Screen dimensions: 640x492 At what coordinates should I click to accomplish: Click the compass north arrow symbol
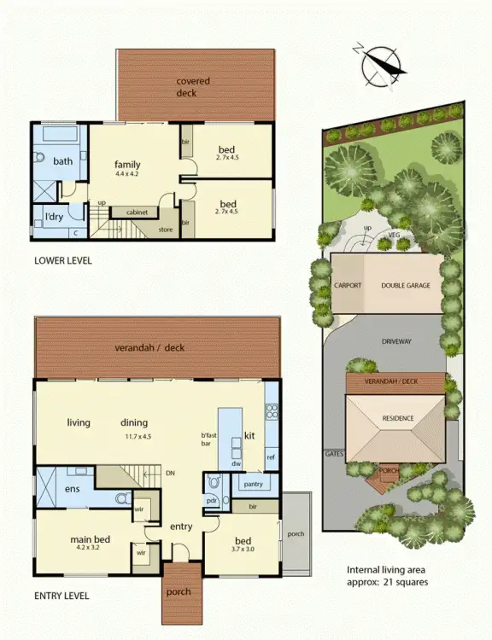(x=380, y=66)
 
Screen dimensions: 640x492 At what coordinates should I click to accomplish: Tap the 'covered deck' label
(x=193, y=86)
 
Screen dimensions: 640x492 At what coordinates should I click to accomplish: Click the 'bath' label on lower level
(x=62, y=160)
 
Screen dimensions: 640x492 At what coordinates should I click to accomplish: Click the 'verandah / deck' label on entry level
(x=149, y=347)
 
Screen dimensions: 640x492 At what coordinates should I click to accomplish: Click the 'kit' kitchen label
(x=250, y=434)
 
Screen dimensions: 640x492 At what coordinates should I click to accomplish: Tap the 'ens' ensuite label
(x=73, y=490)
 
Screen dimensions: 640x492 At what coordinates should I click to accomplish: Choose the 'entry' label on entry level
(x=181, y=527)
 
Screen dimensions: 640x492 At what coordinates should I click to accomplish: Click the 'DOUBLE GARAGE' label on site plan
(x=407, y=286)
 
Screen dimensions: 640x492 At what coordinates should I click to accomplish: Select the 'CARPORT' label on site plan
(x=348, y=286)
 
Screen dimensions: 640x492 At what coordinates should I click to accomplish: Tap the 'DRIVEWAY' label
(x=392, y=341)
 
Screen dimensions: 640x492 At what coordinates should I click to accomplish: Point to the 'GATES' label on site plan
(x=334, y=454)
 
